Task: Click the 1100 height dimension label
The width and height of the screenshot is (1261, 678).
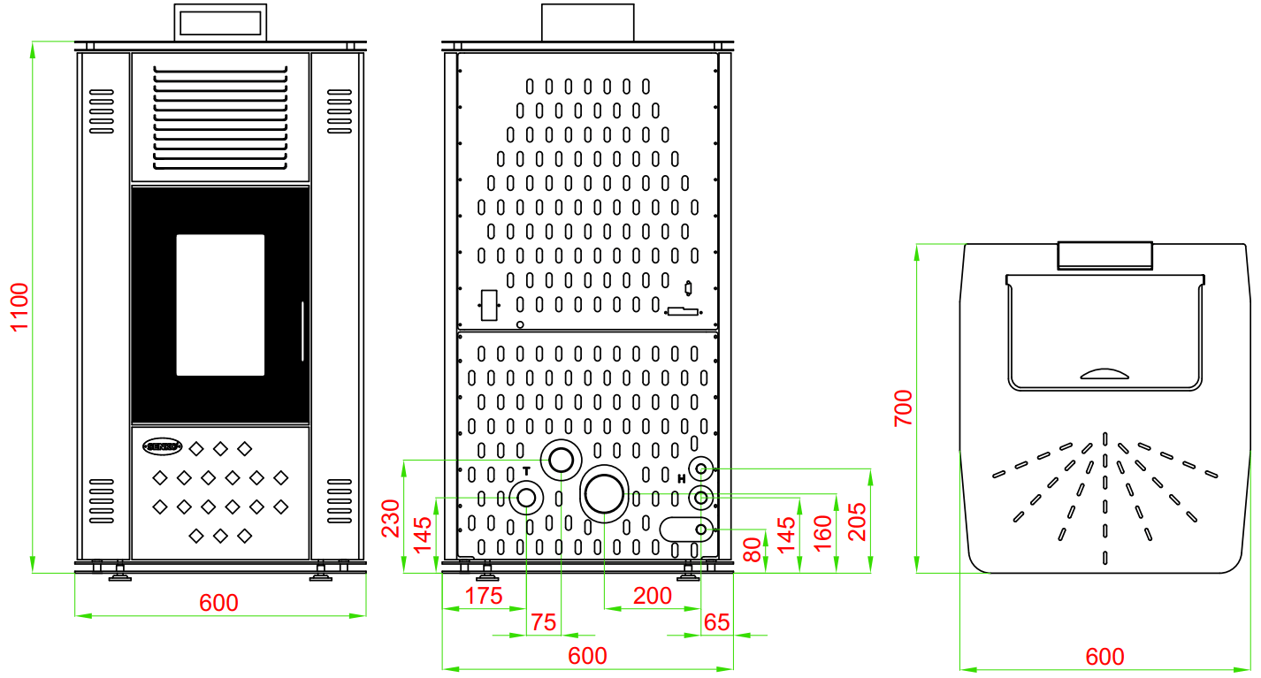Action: click(19, 307)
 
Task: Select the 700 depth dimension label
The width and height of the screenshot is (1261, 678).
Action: click(903, 408)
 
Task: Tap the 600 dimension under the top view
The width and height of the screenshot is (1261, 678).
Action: click(1104, 657)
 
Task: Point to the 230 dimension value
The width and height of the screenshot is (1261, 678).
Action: click(391, 518)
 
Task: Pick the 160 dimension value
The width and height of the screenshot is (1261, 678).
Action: click(822, 535)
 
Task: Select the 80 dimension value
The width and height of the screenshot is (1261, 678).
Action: click(752, 549)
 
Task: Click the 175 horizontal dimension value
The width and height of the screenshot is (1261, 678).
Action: click(483, 595)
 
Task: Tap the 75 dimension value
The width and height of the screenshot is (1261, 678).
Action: click(544, 622)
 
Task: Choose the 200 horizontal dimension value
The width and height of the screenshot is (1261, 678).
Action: click(653, 596)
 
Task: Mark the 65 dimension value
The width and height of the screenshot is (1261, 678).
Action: click(717, 622)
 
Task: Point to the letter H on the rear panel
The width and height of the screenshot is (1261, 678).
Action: click(681, 478)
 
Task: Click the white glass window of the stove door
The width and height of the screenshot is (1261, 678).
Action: click(220, 305)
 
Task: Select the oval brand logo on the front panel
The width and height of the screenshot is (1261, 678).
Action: click(162, 447)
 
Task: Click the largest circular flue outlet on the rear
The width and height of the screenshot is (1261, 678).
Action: click(604, 492)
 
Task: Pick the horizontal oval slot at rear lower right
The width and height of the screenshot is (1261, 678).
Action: click(685, 529)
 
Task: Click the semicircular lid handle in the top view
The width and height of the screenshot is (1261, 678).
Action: click(1105, 374)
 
